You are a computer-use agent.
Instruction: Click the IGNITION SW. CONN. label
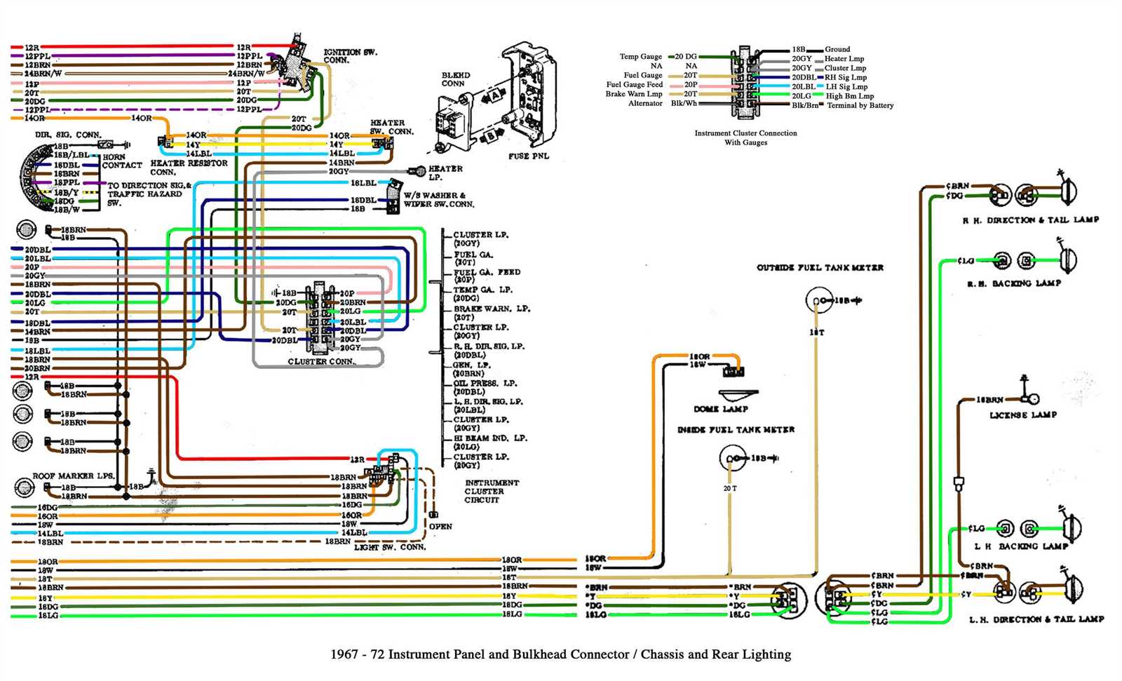tap(349, 56)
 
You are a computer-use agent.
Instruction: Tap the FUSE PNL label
tap(528, 156)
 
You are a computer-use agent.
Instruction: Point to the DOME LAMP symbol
tap(737, 395)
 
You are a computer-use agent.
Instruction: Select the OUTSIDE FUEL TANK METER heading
tap(820, 268)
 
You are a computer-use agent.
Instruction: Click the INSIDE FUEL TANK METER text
tap(736, 430)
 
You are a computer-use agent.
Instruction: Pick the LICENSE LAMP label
tap(1022, 415)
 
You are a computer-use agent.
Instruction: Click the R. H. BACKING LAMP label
tap(1013, 283)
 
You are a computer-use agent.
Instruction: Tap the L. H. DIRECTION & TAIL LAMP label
tap(1036, 620)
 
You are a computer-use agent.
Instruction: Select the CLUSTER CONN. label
tap(321, 362)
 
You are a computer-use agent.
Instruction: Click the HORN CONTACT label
tap(121, 161)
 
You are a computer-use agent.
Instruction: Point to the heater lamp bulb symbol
tap(419, 170)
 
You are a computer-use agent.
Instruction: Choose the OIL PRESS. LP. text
tap(485, 384)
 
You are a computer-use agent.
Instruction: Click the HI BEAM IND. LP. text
tap(489, 438)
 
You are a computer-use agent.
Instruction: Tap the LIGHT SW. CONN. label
tap(389, 547)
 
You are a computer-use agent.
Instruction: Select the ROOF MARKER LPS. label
tap(73, 476)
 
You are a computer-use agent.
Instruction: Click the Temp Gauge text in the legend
tap(640, 57)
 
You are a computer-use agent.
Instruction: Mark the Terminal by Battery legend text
tap(860, 106)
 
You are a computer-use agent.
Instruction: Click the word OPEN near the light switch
tap(440, 527)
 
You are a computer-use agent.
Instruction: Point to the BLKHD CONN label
tap(455, 79)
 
